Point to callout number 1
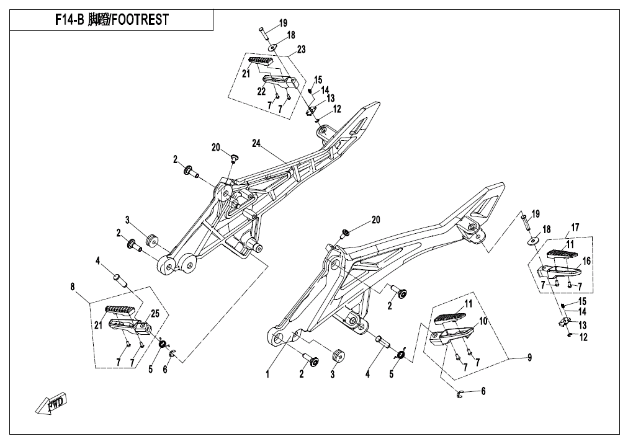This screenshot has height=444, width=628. coord(268,374)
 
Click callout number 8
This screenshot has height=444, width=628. coord(73,286)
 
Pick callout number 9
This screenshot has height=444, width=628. coord(529,358)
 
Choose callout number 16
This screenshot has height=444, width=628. coord(586,260)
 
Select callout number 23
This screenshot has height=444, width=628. coord(301,48)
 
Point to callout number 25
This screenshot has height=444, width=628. coord(155,314)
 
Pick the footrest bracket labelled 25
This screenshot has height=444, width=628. coord(129,325)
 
